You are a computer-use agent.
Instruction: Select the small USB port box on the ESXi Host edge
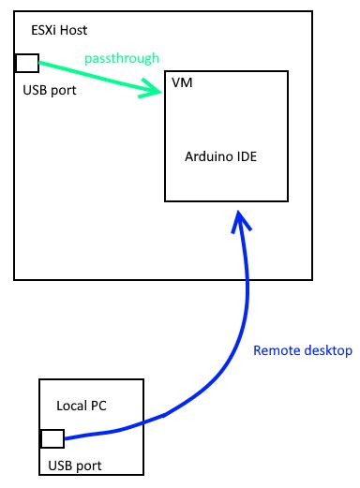click(27, 63)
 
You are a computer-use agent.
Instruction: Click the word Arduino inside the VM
click(207, 158)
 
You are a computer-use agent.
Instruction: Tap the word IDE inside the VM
click(247, 158)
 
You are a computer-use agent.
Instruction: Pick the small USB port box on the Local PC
click(52, 437)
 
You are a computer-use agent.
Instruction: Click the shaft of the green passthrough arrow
click(89, 76)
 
